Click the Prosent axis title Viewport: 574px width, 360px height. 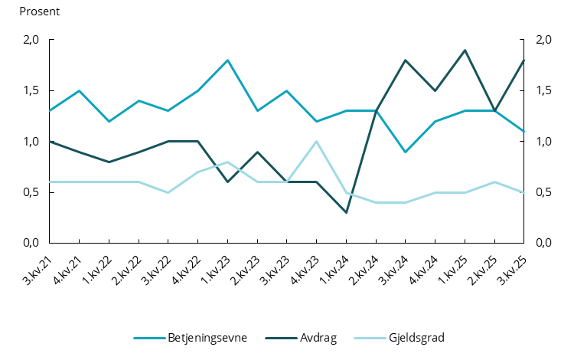[39, 12]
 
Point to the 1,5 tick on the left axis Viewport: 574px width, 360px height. [31, 91]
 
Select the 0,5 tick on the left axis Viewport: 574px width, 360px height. [31, 192]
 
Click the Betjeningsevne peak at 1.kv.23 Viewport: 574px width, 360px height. [228, 60]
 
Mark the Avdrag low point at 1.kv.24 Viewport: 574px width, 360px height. [347, 212]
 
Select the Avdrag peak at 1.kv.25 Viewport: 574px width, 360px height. [465, 50]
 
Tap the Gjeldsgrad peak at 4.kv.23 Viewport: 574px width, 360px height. [317, 141]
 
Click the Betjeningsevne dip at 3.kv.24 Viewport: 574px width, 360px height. [406, 152]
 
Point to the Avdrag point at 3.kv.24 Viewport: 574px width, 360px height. [406, 60]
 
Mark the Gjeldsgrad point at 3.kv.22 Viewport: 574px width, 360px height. [168, 192]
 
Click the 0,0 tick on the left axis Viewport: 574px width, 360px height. [31, 243]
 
